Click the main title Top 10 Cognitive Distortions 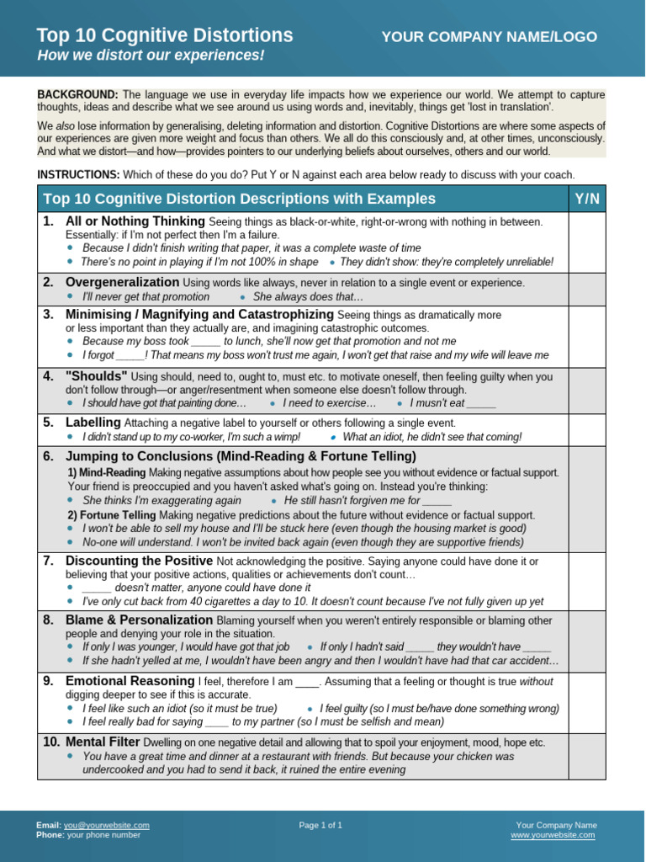tap(165, 35)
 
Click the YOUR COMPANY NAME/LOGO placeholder tap(489, 37)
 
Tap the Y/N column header tap(587, 199)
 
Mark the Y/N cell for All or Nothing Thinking tap(587, 241)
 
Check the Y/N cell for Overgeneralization tap(587, 289)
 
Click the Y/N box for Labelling tap(587, 429)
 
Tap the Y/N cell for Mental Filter tap(587, 756)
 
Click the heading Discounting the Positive tap(139, 561)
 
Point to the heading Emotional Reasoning tap(130, 681)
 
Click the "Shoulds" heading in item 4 tap(97, 376)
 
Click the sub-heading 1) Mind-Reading tap(106, 473)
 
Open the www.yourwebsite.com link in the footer tap(553, 835)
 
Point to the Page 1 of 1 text tap(320, 825)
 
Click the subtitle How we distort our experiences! tap(151, 56)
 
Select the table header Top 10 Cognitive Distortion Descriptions tap(239, 199)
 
